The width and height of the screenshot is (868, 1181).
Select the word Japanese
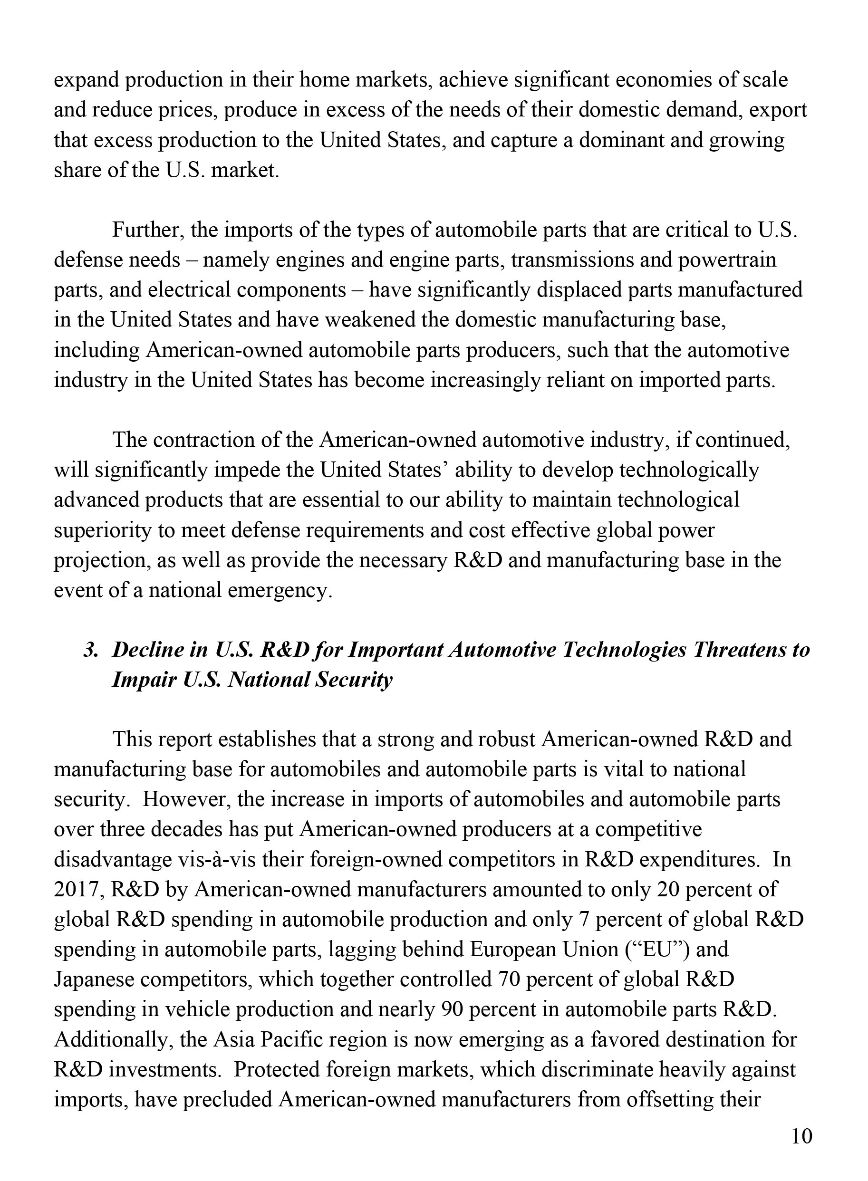[x=94, y=979]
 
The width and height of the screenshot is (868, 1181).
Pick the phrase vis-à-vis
[x=203, y=859]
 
